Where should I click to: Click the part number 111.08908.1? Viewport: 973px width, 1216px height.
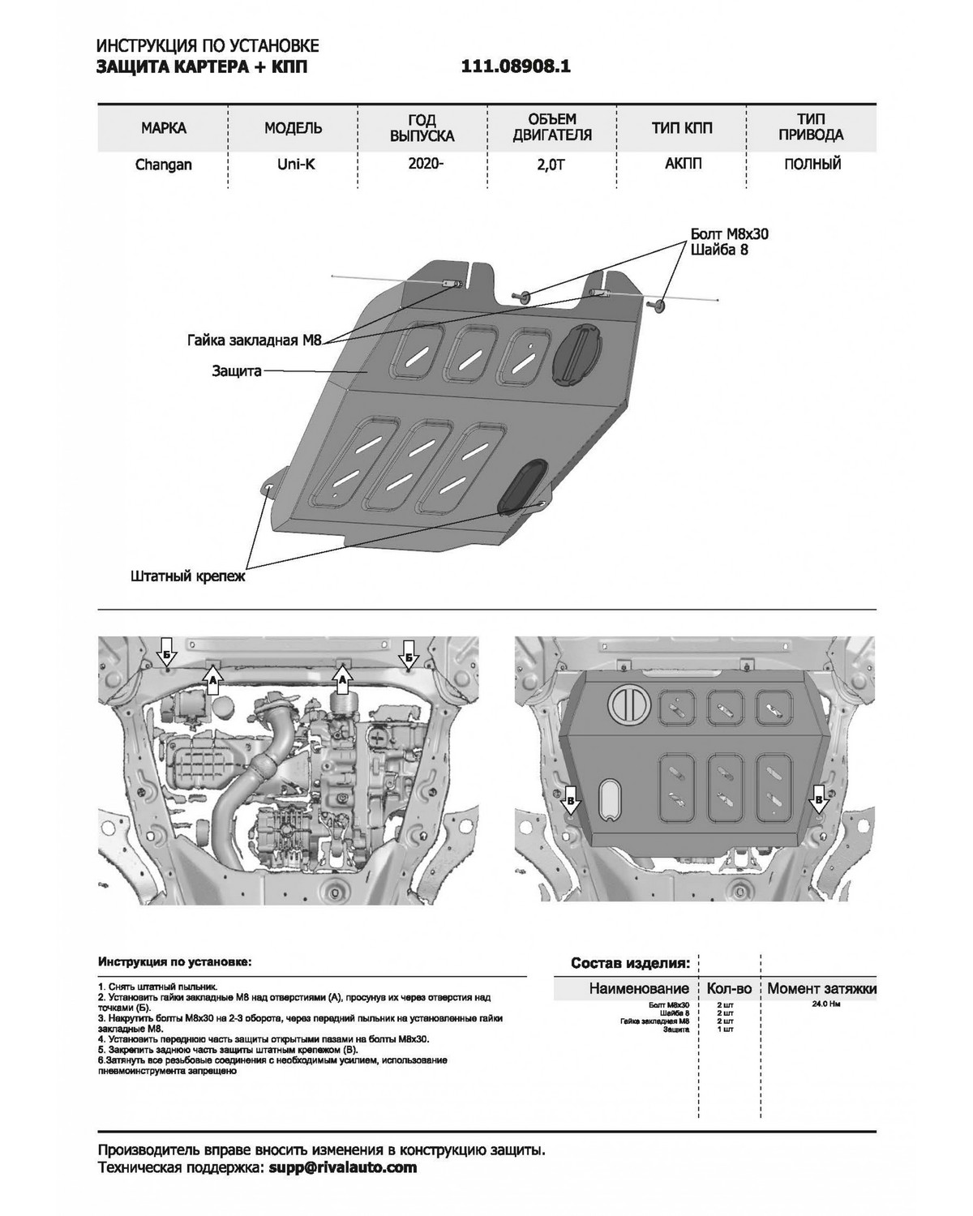[516, 67]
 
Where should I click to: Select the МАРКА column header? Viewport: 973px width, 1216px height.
[163, 128]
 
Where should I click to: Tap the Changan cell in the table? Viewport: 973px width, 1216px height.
[163, 165]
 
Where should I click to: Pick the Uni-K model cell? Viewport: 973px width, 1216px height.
[293, 165]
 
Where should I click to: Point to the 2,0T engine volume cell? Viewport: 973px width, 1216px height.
[551, 165]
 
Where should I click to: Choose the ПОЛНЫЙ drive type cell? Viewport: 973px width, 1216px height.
[812, 165]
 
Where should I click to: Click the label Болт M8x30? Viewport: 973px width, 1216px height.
[728, 233]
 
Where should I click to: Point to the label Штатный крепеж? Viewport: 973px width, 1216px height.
[187, 577]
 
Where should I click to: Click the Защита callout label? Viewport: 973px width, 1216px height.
[237, 371]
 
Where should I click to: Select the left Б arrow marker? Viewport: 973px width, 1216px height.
[165, 653]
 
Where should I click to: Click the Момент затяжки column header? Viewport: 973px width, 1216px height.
[821, 988]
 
